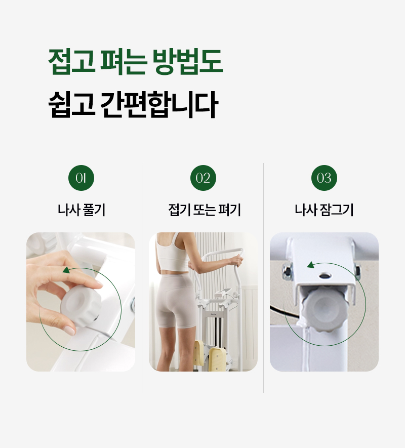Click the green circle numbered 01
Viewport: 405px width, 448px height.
point(81,178)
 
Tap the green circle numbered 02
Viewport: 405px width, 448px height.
point(203,178)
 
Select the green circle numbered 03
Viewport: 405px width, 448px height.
point(324,178)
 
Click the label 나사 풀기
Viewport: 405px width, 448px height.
point(82,210)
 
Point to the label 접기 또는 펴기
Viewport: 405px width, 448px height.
point(205,210)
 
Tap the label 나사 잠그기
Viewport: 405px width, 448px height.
point(324,210)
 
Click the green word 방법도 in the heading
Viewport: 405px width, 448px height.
point(188,61)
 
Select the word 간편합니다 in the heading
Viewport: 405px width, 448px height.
point(159,104)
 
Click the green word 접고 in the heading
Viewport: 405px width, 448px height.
point(71,61)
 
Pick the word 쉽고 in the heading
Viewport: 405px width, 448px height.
point(71,104)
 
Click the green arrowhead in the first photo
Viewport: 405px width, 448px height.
point(66,270)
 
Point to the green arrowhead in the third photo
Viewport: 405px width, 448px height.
point(311,265)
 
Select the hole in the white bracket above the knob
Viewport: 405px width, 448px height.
point(325,275)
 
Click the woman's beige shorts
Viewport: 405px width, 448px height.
point(175,300)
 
